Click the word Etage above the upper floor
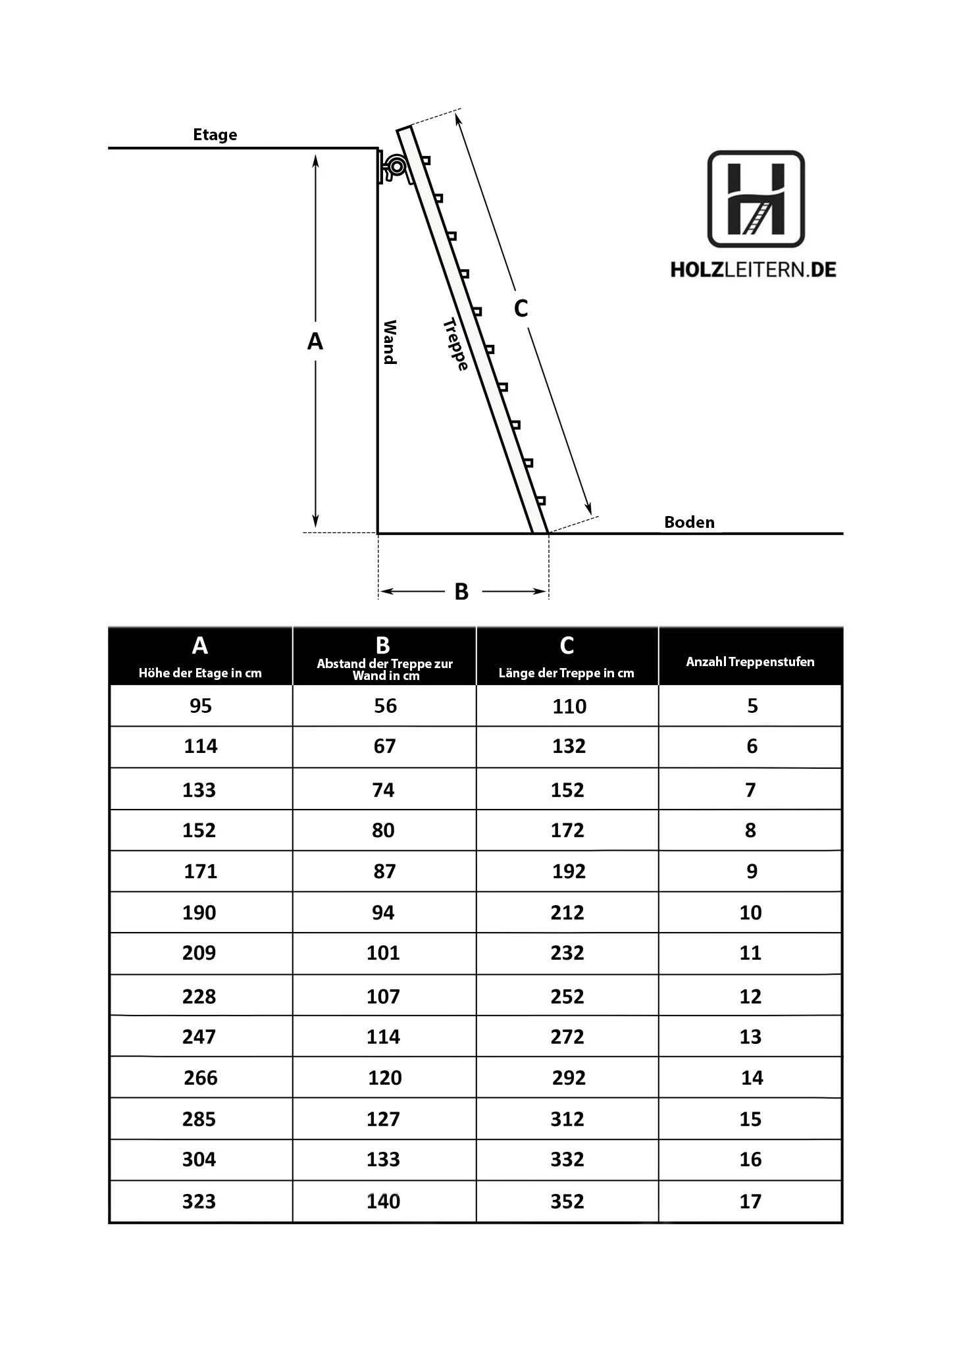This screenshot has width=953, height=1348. pyautogui.click(x=215, y=135)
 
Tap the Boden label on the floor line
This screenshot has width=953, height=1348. pyautogui.click(x=688, y=523)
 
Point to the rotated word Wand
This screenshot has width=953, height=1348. pyautogui.click(x=390, y=342)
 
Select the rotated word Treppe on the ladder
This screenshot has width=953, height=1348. pyautogui.click(x=455, y=344)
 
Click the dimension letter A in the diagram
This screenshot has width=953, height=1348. pyautogui.click(x=315, y=342)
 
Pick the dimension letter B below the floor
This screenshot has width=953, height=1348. pyautogui.click(x=461, y=592)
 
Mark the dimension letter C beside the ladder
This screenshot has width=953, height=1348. pyautogui.click(x=521, y=308)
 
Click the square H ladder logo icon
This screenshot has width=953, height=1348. pyautogui.click(x=756, y=199)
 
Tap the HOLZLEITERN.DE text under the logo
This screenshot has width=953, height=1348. pyautogui.click(x=753, y=270)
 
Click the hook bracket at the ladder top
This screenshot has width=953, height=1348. pyautogui.click(x=395, y=167)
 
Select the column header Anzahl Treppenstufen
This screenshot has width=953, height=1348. pyautogui.click(x=750, y=662)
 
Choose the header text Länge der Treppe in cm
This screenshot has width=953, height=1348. pyautogui.click(x=566, y=673)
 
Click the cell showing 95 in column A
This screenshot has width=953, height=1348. pyautogui.click(x=201, y=706)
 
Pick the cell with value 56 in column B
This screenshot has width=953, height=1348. pyautogui.click(x=385, y=706)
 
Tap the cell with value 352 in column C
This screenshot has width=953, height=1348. pyautogui.click(x=567, y=1201)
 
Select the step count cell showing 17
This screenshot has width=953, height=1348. pyautogui.click(x=750, y=1201)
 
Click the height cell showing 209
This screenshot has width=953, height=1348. pyautogui.click(x=199, y=953)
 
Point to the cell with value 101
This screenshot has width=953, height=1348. pyautogui.click(x=383, y=953)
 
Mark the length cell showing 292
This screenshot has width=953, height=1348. pyautogui.click(x=569, y=1077)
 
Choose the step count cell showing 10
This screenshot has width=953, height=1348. pyautogui.click(x=750, y=912)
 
